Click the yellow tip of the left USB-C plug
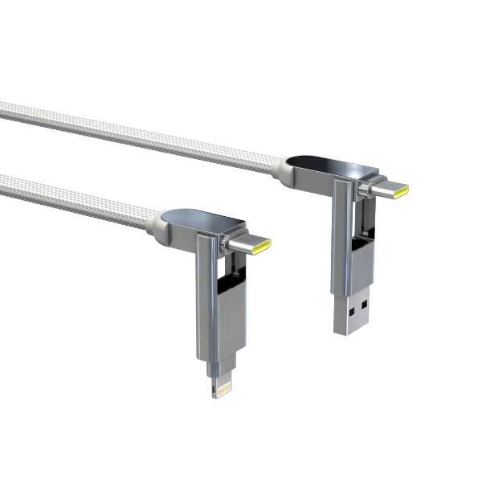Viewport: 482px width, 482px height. [x=262, y=246]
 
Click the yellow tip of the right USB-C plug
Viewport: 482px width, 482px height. [x=400, y=190]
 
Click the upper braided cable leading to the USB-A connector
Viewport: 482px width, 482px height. [x=137, y=132]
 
